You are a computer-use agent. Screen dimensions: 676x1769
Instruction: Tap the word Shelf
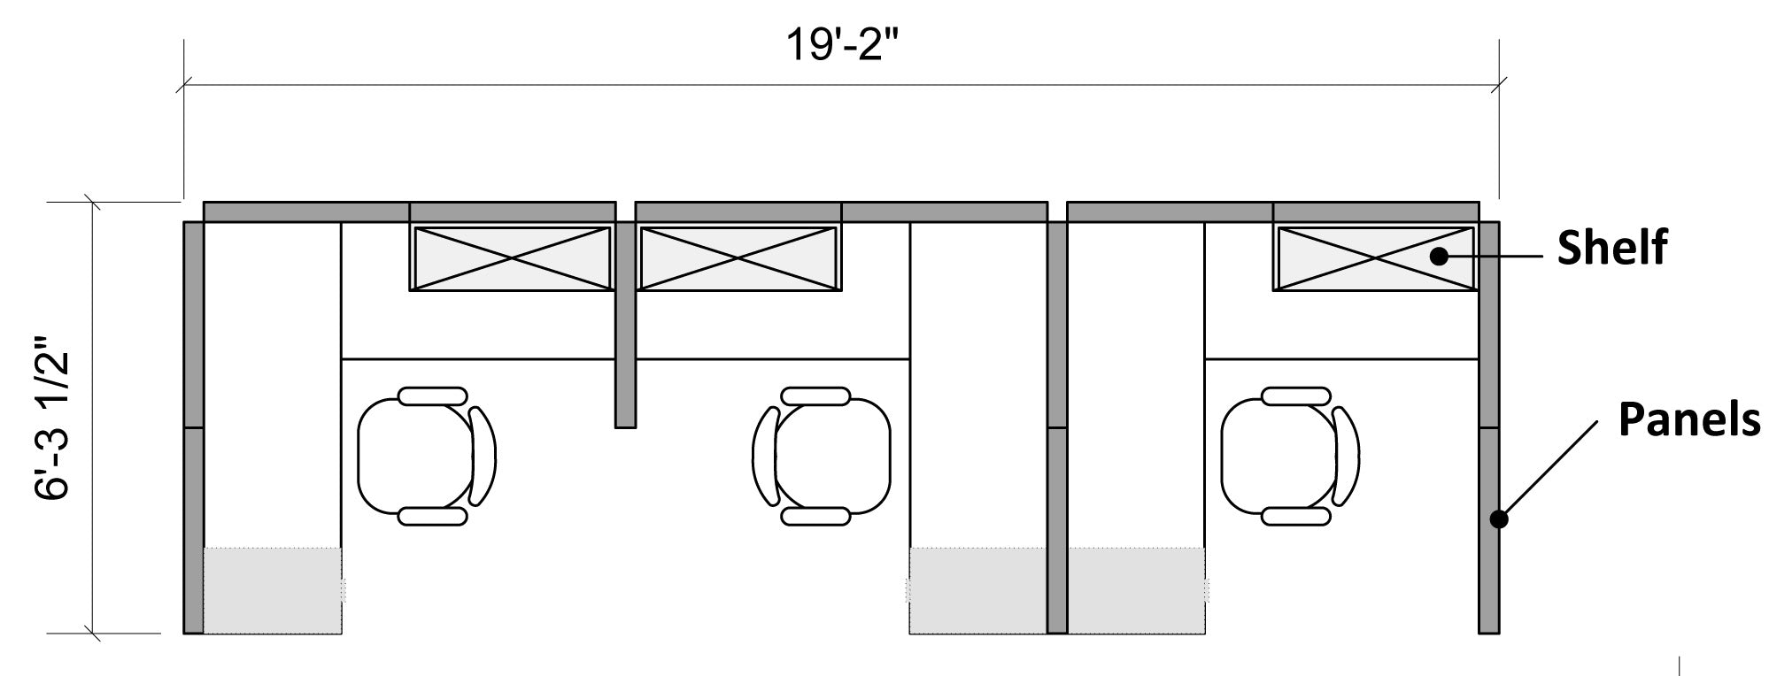1611,249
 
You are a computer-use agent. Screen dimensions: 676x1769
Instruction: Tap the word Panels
1688,419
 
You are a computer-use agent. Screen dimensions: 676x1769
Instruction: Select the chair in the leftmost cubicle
416,457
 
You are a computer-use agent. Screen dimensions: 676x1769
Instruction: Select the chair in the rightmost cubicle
1279,457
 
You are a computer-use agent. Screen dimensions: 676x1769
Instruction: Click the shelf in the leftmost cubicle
511,258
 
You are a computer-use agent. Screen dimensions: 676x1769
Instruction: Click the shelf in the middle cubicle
738,258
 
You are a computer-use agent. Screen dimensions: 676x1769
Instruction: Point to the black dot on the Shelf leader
1440,257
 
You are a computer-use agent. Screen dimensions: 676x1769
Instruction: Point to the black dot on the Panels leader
1498,519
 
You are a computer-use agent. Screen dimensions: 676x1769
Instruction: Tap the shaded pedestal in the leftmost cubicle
273,590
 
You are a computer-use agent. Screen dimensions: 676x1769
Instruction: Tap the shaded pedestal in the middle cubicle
977,590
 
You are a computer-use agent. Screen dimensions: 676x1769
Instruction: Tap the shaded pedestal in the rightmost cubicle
1136,590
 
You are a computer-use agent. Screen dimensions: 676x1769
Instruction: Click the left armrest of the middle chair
764,457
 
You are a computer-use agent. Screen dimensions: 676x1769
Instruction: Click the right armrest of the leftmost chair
483,457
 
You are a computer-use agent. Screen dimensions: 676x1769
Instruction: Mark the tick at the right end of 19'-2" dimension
1498,86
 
